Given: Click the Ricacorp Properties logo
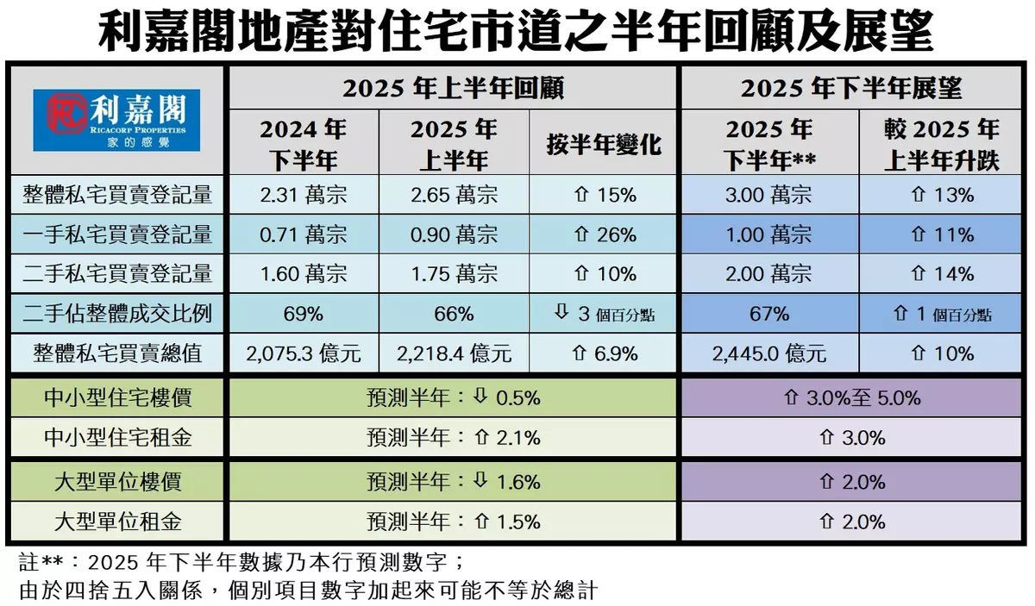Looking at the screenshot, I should pyautogui.click(x=116, y=121).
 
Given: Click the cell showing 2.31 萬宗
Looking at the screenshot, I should pyautogui.click(x=303, y=195).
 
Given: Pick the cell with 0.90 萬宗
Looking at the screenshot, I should pyautogui.click(x=454, y=234).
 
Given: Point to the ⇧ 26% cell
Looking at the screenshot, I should pyautogui.click(x=605, y=234).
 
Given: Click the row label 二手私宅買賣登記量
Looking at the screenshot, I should pyautogui.click(x=117, y=274).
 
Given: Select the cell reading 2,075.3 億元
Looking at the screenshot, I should pyautogui.click(x=303, y=353).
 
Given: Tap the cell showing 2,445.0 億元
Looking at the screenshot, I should pyautogui.click(x=768, y=353).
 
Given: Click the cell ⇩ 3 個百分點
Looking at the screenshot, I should pyautogui.click(x=605, y=314).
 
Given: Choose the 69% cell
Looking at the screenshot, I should pyautogui.click(x=303, y=314).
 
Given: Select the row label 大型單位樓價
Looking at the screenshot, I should pyautogui.click(x=117, y=481).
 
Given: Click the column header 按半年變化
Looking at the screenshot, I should pyautogui.click(x=605, y=144).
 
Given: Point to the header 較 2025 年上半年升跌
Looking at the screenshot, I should pyautogui.click(x=941, y=144).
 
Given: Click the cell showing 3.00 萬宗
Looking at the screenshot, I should pyautogui.click(x=768, y=195).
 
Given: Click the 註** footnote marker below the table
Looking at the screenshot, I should pyautogui.click(x=42, y=564).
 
